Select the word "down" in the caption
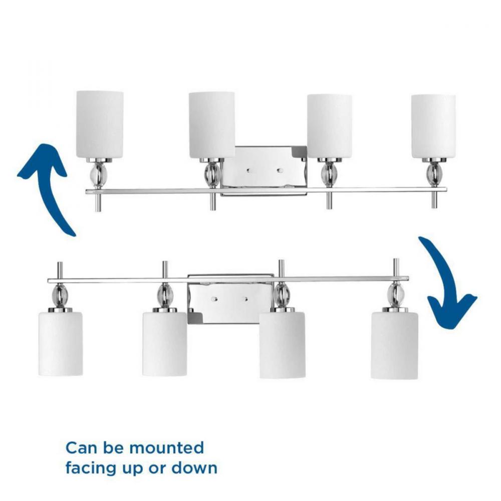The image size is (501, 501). [194, 468]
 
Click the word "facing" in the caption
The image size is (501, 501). [90, 469]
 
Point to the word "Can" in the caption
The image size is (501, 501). [82, 448]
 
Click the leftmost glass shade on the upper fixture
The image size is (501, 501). [100, 124]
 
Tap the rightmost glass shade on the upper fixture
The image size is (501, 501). [433, 126]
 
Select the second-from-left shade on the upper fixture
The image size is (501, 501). [212, 125]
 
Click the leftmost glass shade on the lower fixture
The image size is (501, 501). [61, 344]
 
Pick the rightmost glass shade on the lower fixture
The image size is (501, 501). [394, 345]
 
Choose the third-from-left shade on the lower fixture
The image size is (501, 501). [282, 345]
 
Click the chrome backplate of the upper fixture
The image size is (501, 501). [264, 170]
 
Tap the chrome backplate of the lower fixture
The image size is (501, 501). [230, 299]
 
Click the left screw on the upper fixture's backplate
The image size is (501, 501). [248, 171]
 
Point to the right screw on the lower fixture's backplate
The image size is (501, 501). [245, 300]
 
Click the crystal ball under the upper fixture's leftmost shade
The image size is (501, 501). [99, 174]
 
